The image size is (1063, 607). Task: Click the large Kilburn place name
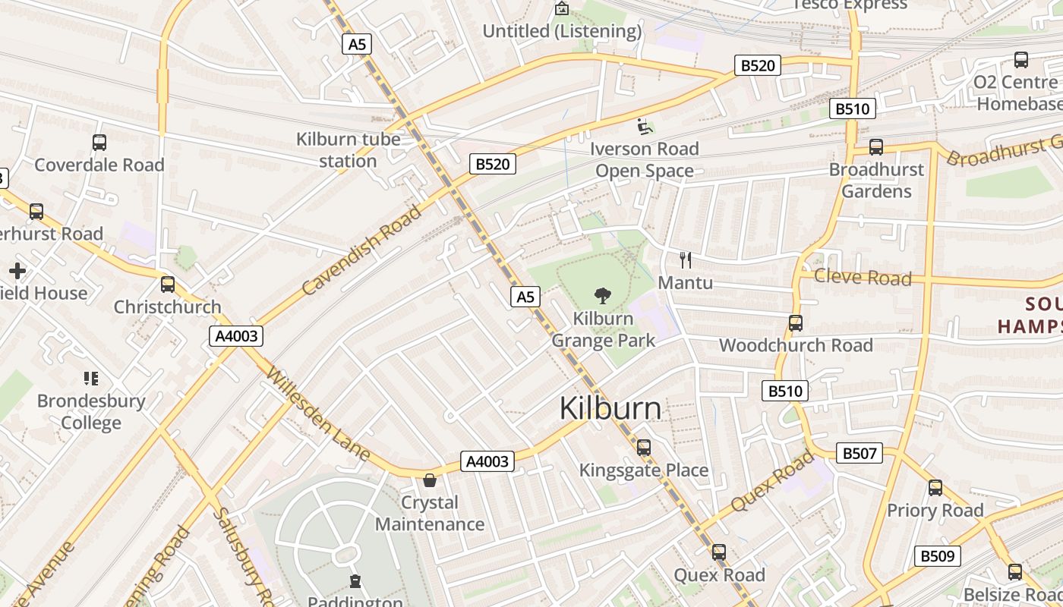[610, 408]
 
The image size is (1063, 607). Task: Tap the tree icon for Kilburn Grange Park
[603, 295]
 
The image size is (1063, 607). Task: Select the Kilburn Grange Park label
[603, 329]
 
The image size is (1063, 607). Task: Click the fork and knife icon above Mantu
[686, 260]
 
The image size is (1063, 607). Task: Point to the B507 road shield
[860, 454]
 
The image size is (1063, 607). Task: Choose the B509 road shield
[937, 556]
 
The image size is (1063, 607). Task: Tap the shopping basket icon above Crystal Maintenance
[430, 480]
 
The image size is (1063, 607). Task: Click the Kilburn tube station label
[348, 150]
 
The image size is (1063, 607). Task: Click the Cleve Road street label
[863, 277]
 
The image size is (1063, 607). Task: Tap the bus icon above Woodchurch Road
[795, 323]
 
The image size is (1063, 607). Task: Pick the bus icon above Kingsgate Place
[644, 448]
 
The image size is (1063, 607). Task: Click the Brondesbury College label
[91, 411]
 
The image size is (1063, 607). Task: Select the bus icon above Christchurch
[168, 285]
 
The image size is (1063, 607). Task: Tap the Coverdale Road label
[99, 165]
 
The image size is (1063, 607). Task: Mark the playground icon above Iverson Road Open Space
[644, 126]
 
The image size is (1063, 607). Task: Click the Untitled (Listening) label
[562, 31]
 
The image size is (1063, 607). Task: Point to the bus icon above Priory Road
[935, 488]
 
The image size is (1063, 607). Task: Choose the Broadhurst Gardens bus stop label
[876, 180]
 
